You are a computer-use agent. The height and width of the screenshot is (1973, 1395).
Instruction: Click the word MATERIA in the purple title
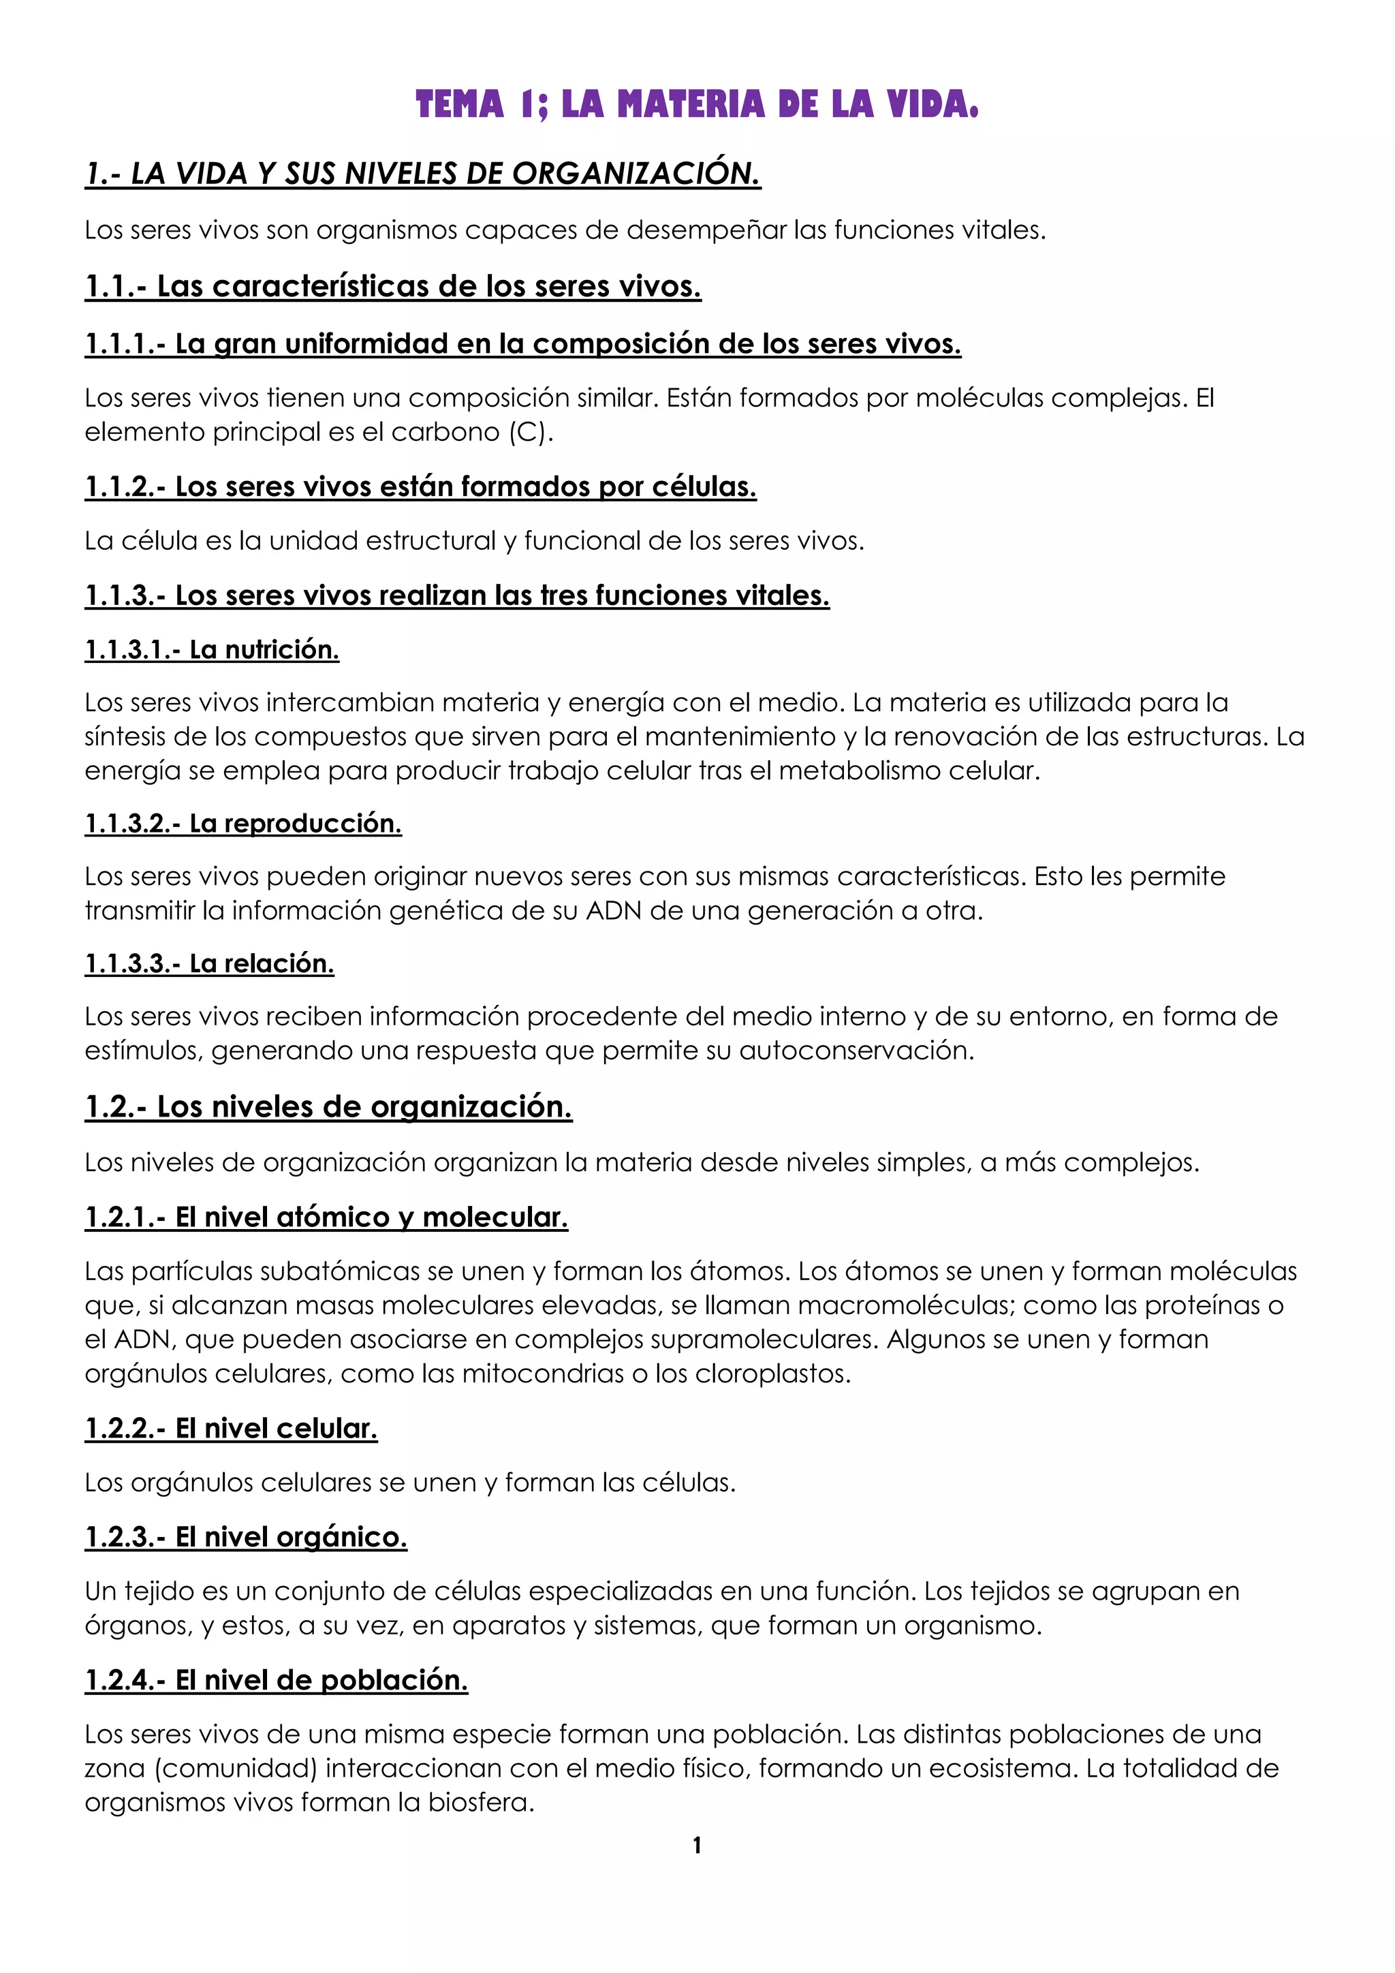(x=691, y=105)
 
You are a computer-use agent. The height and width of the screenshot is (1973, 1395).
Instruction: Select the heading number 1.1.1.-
(x=125, y=344)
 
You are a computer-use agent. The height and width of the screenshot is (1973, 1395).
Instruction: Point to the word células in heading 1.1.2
(x=704, y=486)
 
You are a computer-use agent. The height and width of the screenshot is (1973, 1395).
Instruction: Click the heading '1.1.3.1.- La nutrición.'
(x=212, y=650)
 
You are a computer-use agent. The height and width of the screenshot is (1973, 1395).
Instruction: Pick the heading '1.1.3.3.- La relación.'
(x=210, y=963)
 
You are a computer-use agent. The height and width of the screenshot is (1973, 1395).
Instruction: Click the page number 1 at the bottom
(x=697, y=1845)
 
